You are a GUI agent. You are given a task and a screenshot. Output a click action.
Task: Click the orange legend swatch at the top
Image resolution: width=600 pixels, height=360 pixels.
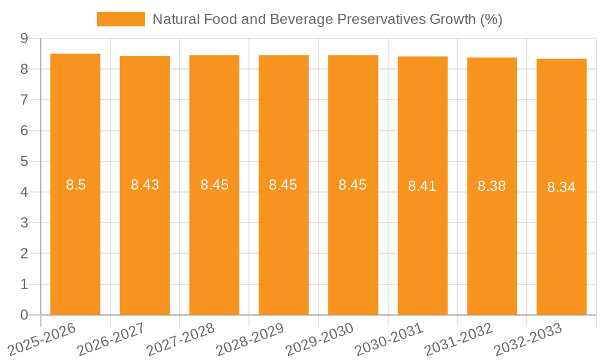(x=121, y=19)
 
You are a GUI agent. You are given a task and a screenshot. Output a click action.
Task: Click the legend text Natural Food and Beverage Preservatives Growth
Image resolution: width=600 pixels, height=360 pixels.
(x=327, y=19)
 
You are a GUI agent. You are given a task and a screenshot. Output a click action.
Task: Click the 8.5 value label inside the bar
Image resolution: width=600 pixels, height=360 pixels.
(x=76, y=185)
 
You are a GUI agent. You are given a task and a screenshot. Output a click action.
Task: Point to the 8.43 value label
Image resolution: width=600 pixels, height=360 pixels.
(x=145, y=185)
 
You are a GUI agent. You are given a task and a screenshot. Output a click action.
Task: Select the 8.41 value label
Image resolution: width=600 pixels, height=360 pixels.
(x=422, y=186)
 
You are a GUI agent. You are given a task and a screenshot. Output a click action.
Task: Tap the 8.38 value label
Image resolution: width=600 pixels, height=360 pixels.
(x=492, y=186)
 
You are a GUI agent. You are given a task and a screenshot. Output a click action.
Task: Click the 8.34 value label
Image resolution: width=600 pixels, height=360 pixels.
(x=562, y=187)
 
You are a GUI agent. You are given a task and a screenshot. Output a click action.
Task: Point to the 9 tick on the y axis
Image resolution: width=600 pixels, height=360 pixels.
(x=24, y=38)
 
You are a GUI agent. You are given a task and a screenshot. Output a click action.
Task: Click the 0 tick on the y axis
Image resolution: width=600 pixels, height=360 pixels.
(x=24, y=315)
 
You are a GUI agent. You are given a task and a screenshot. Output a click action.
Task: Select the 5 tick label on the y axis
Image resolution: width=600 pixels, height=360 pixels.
(x=24, y=161)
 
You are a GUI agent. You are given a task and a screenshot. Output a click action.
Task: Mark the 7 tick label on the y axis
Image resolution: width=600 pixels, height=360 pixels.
(x=24, y=100)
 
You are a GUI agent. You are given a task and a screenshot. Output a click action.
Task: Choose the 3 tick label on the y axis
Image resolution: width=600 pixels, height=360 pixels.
(x=24, y=223)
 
